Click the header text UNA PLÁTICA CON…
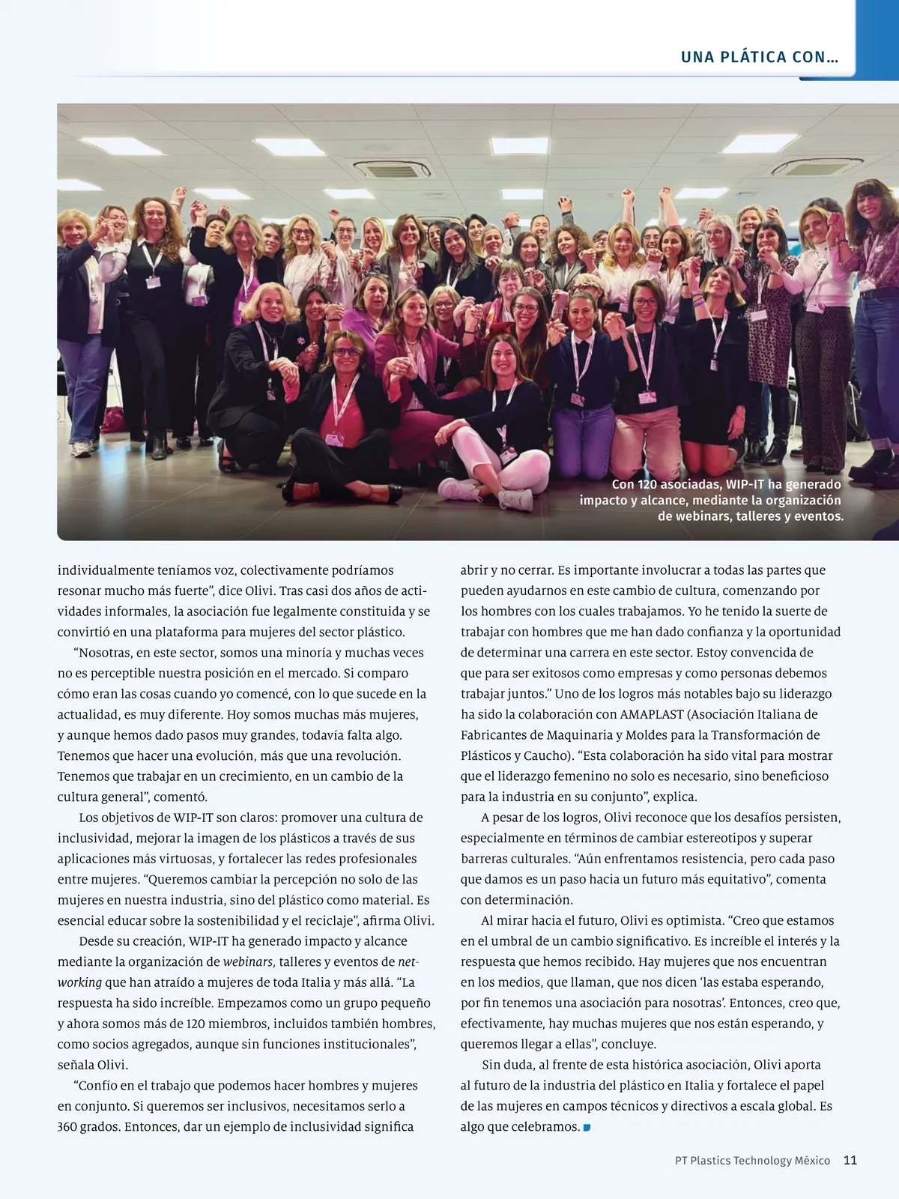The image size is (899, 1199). (759, 58)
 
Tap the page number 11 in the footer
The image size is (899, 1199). (850, 1160)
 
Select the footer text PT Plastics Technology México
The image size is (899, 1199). (752, 1160)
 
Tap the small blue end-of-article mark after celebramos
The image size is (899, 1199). (587, 1127)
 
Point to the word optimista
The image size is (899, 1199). (689, 920)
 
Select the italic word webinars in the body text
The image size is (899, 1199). (249, 961)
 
